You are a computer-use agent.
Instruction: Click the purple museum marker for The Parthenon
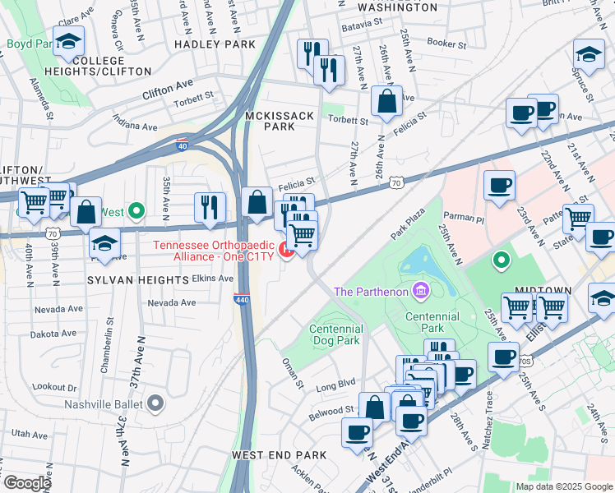pyautogui.click(x=422, y=291)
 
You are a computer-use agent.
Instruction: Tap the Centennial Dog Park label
pyautogui.click(x=335, y=334)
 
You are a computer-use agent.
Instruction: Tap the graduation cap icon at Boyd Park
pyautogui.click(x=69, y=42)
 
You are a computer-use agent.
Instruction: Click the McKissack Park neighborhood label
pyautogui.click(x=280, y=122)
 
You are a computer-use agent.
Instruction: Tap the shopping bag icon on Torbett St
pyautogui.click(x=386, y=103)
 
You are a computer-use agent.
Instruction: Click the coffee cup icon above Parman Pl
pyautogui.click(x=499, y=186)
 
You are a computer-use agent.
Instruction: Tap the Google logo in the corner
pyautogui.click(x=26, y=483)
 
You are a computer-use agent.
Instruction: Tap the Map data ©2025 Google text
pyautogui.click(x=564, y=486)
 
